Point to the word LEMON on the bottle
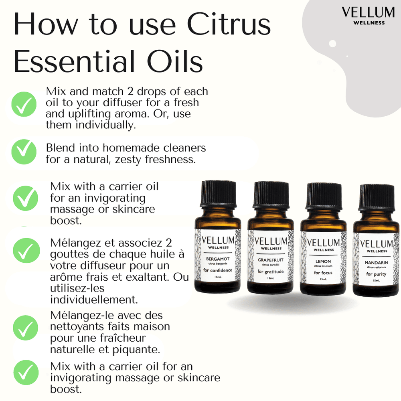(323, 261)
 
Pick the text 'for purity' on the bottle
(376, 274)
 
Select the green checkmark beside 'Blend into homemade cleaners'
(24, 152)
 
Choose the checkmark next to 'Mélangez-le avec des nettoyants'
(26, 328)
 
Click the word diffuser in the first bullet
(121, 103)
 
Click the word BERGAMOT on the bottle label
(218, 259)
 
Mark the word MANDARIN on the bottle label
(376, 263)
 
